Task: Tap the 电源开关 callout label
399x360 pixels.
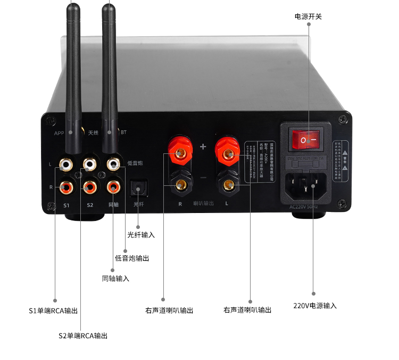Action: (x=308, y=17)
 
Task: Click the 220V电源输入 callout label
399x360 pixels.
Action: (x=315, y=306)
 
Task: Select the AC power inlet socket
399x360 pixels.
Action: (x=305, y=182)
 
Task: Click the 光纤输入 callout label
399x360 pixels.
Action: (x=141, y=235)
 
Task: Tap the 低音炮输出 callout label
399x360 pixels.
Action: (x=132, y=258)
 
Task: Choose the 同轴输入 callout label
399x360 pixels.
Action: (x=115, y=279)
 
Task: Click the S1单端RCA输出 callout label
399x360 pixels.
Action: (x=53, y=310)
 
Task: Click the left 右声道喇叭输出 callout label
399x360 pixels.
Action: (x=169, y=310)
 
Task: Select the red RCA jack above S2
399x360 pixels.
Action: (x=89, y=186)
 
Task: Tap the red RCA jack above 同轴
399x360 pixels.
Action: (x=113, y=186)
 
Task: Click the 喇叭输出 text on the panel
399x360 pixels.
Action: (x=203, y=203)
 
